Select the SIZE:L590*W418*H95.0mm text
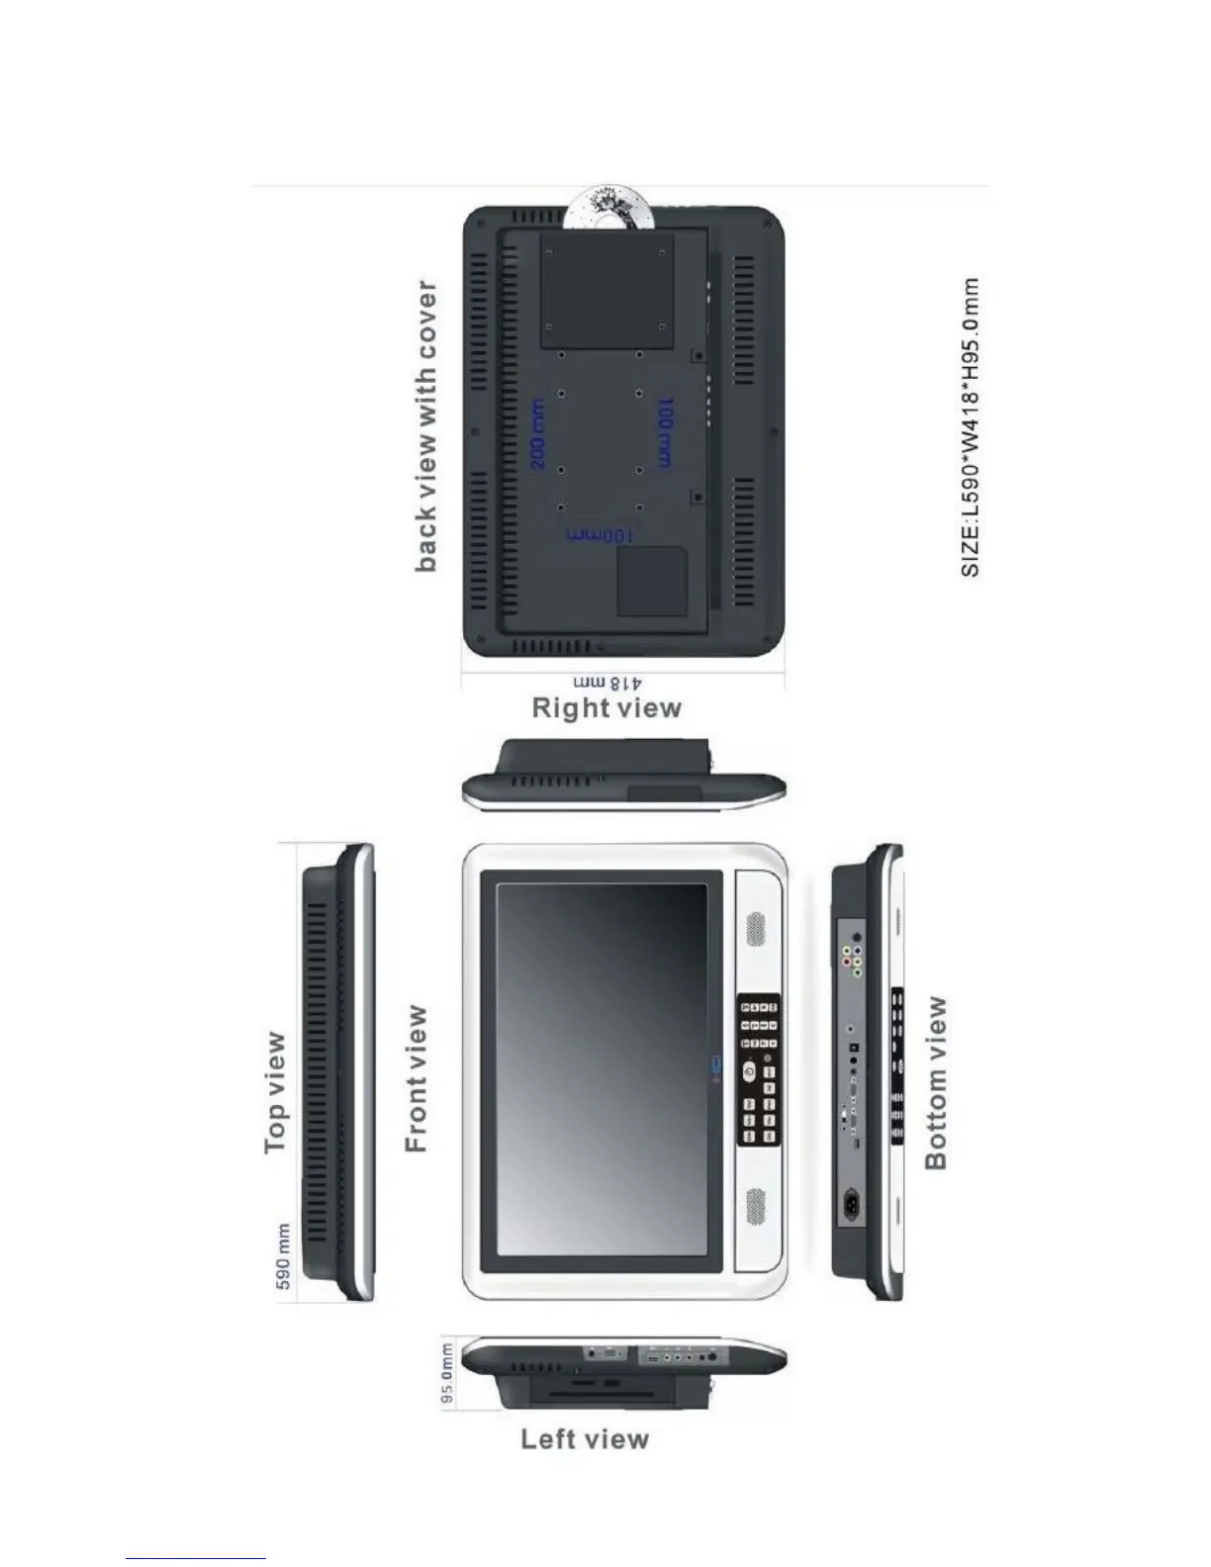(x=971, y=426)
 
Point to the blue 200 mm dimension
(x=537, y=433)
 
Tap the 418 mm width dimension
(x=608, y=683)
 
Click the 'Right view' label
(x=606, y=708)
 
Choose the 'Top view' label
(x=276, y=1092)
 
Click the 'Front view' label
(x=418, y=1078)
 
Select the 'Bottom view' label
(x=935, y=1082)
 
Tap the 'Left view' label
(x=585, y=1438)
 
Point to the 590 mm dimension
(x=283, y=1256)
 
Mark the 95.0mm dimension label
(x=448, y=1372)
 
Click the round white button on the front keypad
(x=749, y=1072)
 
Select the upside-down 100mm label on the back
(x=600, y=535)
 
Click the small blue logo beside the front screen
(x=717, y=1064)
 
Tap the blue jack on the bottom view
(x=858, y=971)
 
